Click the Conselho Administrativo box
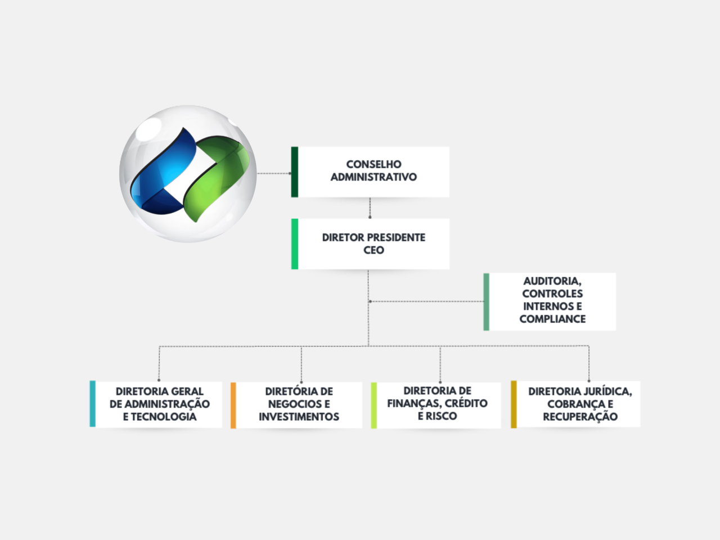pos(373,172)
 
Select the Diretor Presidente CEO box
pos(373,244)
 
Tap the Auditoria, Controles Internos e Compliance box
pos(552,301)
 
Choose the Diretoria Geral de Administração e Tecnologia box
pos(159,404)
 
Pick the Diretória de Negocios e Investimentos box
pos(299,404)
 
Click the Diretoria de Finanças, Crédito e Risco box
pos(437,404)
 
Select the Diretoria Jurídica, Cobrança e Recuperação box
pos(579,404)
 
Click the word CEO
pos(373,250)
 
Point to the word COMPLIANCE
pos(552,319)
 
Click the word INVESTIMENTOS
pos(299,417)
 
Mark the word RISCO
pos(443,416)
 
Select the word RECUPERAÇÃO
pos(580,417)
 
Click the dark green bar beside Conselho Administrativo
pos(294,172)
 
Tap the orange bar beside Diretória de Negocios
pos(233,405)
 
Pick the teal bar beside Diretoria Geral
pos(93,404)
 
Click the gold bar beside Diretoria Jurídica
pos(514,404)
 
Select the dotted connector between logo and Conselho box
pos(274,173)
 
